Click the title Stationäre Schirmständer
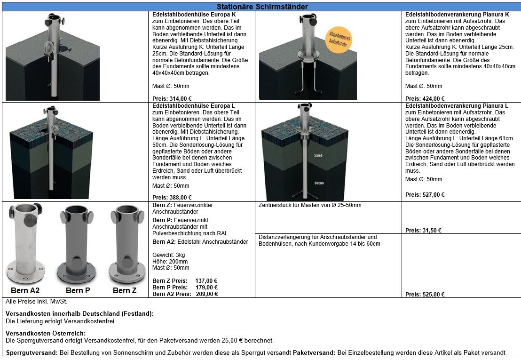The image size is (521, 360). [262, 7]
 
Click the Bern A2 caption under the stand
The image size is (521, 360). [25, 290]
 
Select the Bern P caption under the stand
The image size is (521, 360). [78, 290]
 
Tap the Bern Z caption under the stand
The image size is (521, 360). [125, 290]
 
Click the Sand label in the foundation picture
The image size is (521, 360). [318, 155]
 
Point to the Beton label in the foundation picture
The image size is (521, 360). [319, 183]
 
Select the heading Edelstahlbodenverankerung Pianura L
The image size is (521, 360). [457, 106]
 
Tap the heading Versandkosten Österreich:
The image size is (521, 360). [45, 333]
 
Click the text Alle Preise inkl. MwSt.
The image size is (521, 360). [36, 302]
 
